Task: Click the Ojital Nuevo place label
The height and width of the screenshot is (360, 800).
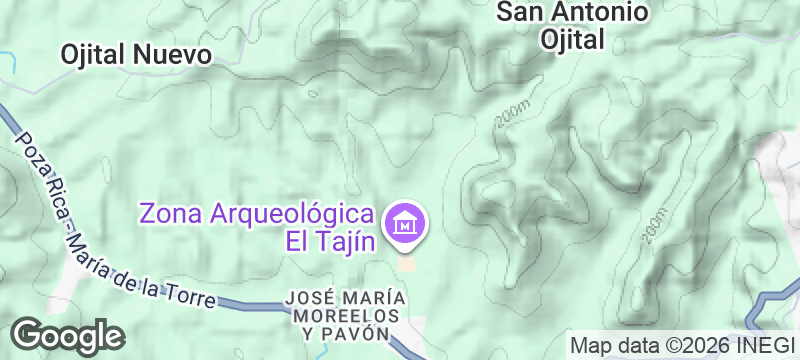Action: click(136, 54)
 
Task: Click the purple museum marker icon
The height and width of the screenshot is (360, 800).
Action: click(406, 223)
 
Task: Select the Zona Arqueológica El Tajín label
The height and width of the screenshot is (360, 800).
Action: click(258, 227)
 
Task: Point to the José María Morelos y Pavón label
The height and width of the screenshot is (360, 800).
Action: click(345, 315)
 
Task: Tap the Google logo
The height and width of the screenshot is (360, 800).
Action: click(68, 335)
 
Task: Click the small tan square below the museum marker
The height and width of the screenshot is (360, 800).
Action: click(406, 263)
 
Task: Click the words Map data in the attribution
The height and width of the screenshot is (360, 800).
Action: click(610, 345)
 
